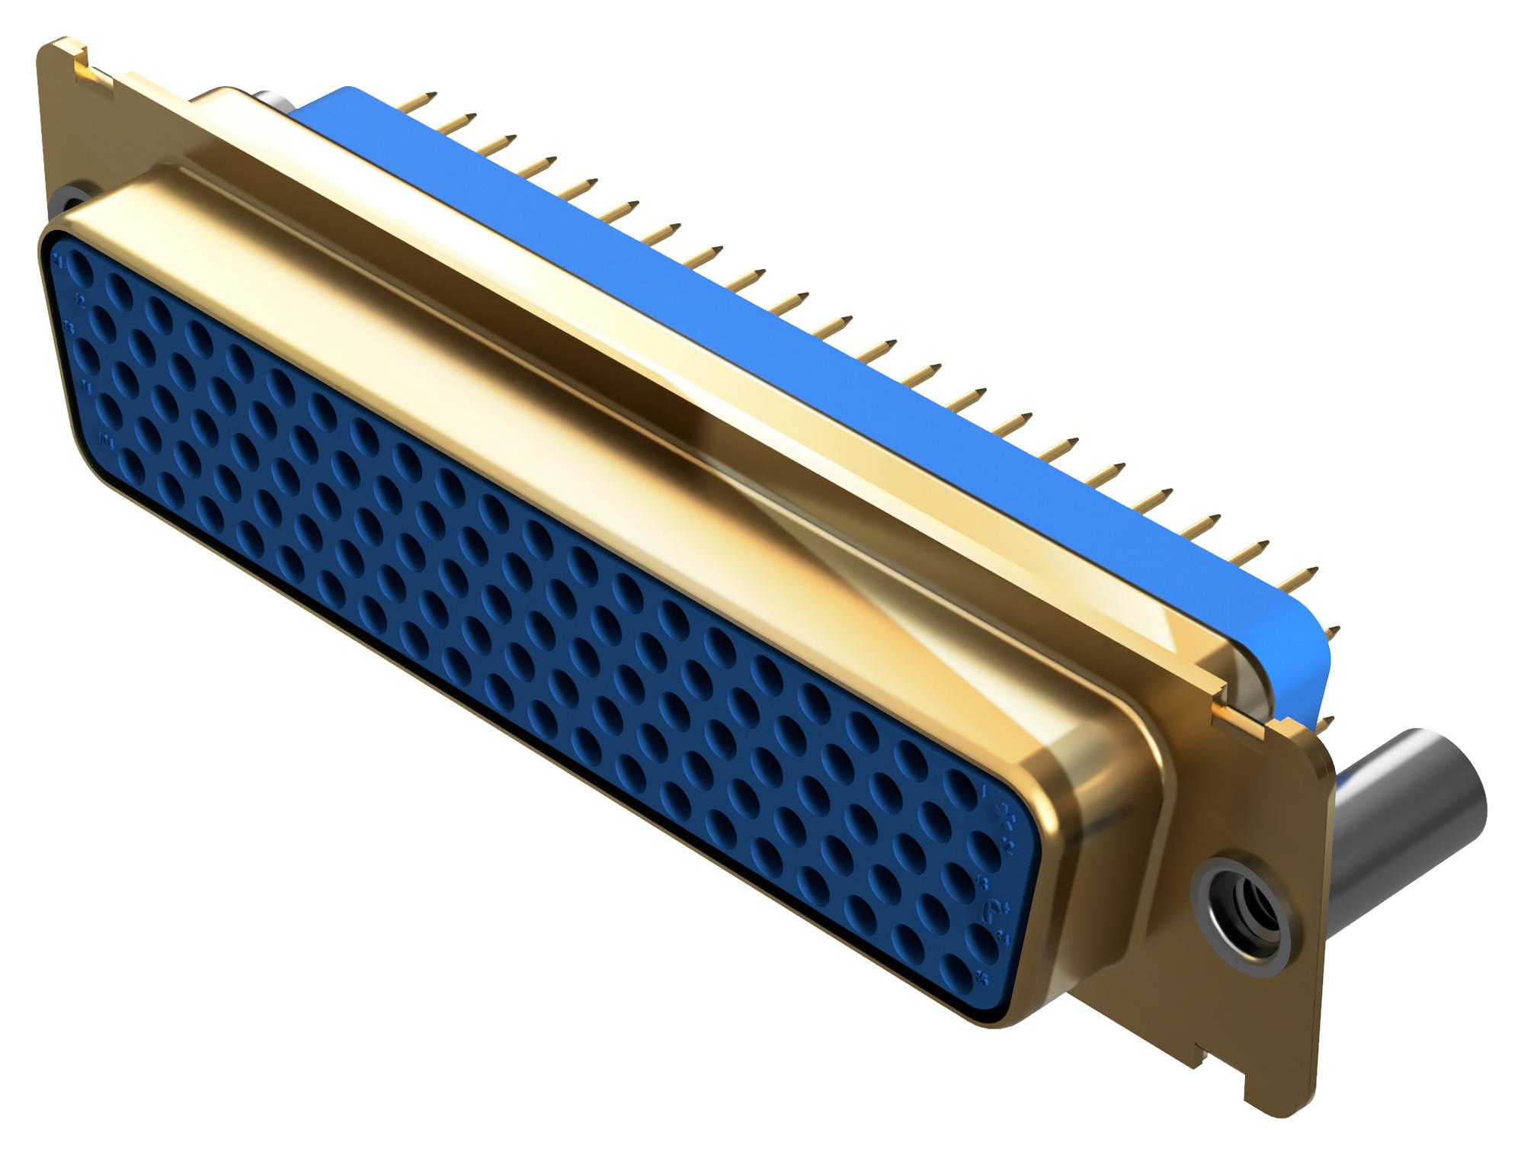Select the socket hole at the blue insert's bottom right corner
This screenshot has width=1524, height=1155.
(956, 973)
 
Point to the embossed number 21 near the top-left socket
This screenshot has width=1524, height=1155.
(58, 261)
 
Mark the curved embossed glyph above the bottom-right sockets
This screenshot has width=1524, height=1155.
(994, 909)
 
